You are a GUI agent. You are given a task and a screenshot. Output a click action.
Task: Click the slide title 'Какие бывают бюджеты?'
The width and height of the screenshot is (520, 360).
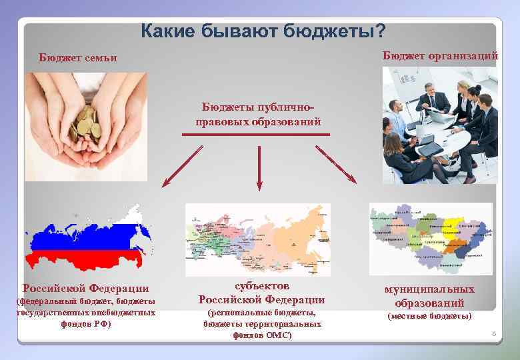coord(263,31)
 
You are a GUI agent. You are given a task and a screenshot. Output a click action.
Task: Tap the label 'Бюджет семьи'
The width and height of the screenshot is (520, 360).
coord(77,58)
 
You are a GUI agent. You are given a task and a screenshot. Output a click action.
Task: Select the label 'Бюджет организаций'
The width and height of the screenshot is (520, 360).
coord(440,56)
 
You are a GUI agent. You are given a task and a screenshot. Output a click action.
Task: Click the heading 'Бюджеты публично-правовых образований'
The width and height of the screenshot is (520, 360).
coord(258,115)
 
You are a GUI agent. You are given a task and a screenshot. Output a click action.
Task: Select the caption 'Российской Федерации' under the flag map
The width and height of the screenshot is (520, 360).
coord(86,288)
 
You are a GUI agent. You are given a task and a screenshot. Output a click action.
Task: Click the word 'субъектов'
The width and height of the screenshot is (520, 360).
coord(261,285)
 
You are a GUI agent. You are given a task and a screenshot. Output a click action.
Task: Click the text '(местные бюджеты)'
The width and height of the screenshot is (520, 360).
coord(429,315)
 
